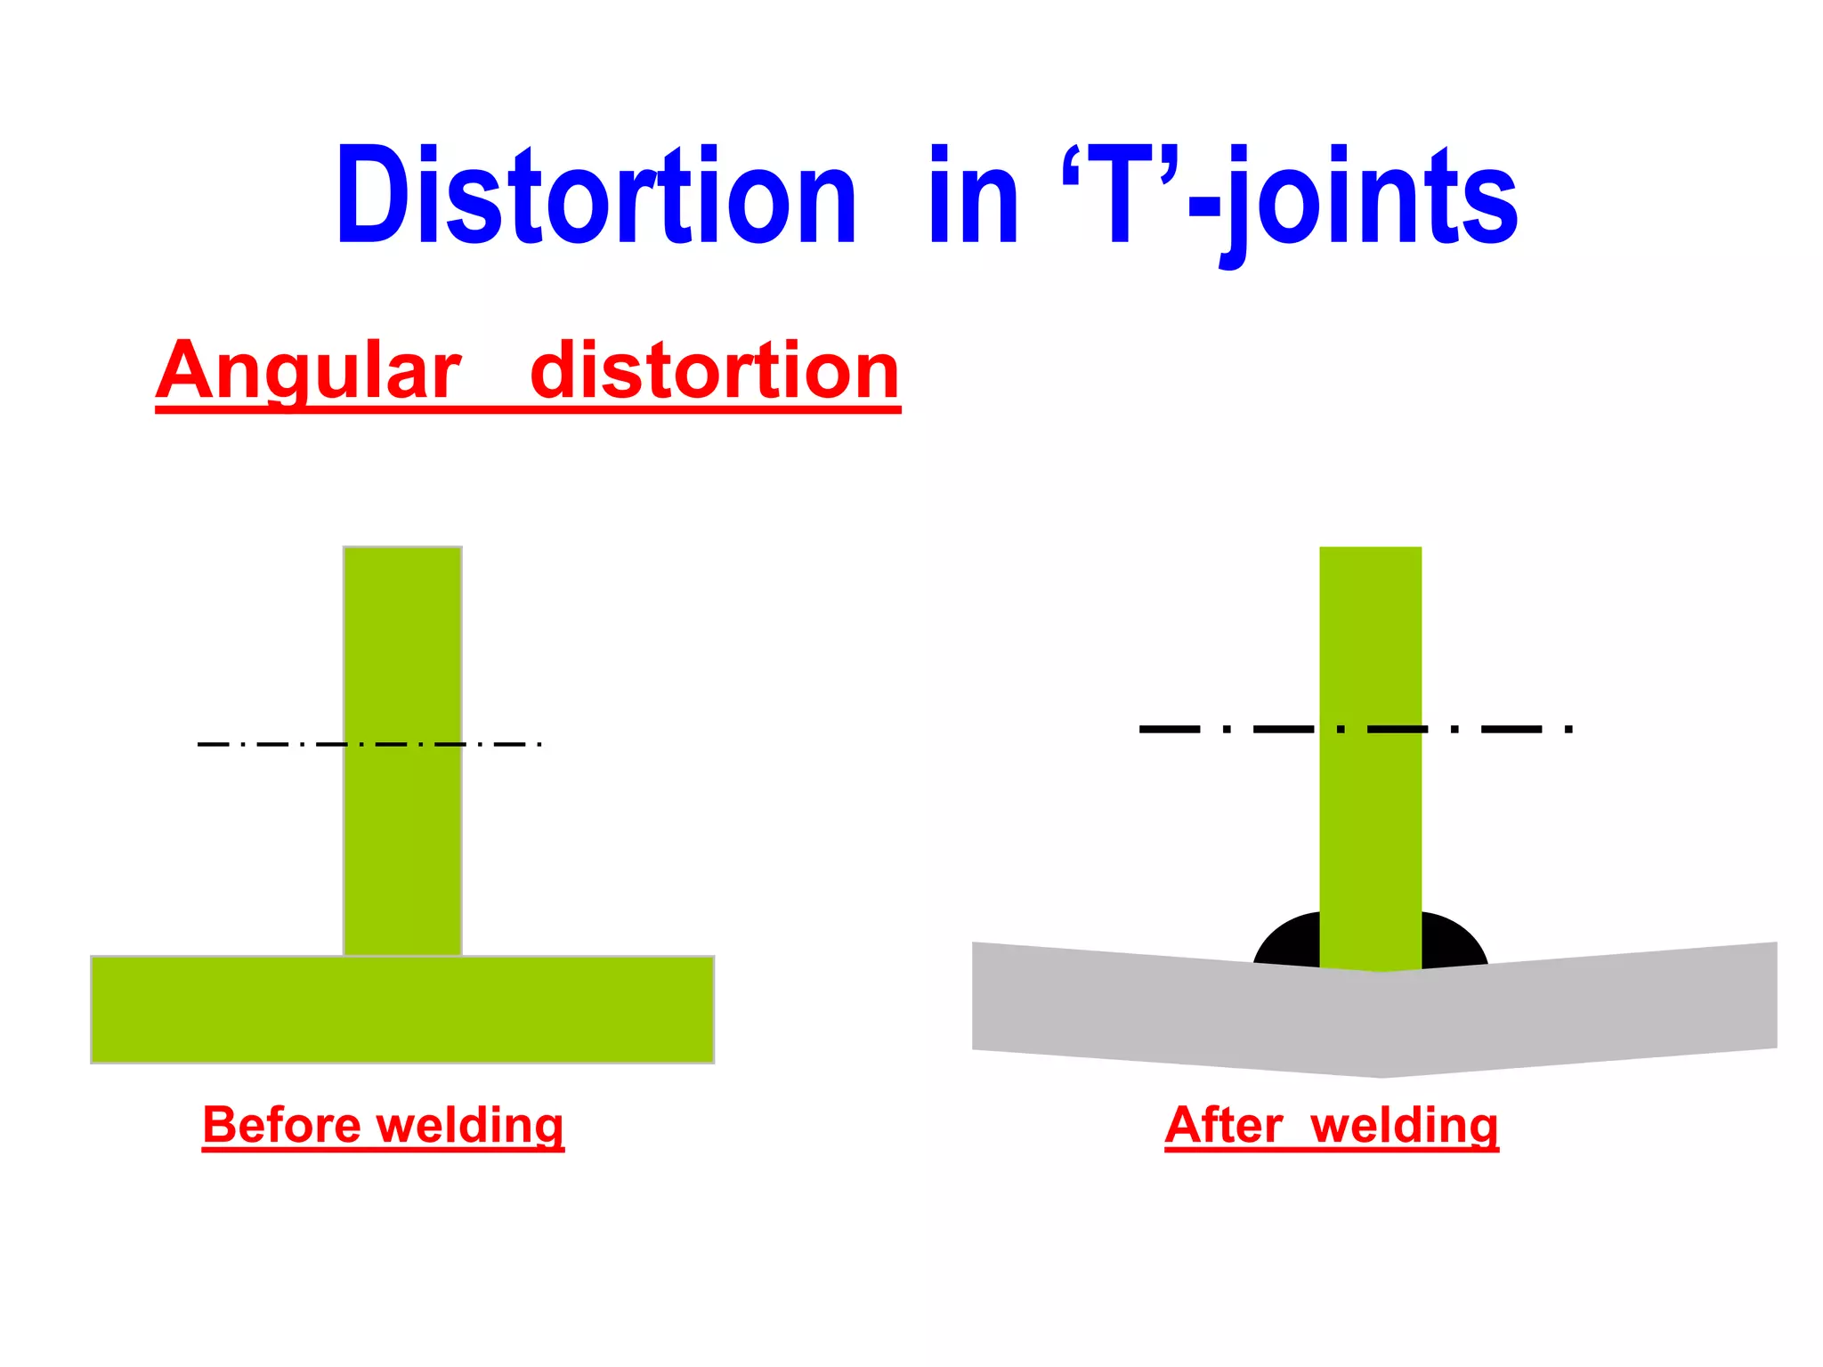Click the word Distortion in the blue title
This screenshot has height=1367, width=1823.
(x=595, y=196)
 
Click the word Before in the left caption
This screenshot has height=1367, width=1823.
(x=282, y=1125)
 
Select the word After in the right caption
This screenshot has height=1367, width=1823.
(x=1223, y=1125)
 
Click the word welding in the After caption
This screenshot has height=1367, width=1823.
(x=1404, y=1127)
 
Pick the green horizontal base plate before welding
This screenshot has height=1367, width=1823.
(x=402, y=1009)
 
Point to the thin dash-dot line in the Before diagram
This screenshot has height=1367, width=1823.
(x=267, y=744)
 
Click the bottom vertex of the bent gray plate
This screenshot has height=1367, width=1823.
(x=1381, y=1075)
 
